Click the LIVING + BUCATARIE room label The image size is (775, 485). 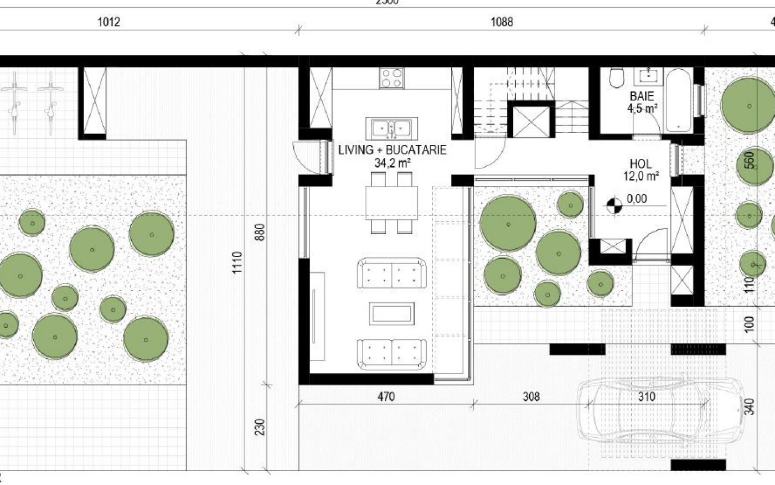392,151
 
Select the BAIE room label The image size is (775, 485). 642,96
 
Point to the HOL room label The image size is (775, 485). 640,164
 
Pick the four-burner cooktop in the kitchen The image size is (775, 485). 392,78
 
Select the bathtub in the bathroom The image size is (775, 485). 678,99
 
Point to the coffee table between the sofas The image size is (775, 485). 392,313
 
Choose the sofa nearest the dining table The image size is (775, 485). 392,273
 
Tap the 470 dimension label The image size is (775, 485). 386,396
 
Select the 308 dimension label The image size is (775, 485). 531,396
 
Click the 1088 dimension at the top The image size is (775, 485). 502,22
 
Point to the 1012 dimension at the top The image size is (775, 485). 108,22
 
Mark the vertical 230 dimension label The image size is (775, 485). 261,427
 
